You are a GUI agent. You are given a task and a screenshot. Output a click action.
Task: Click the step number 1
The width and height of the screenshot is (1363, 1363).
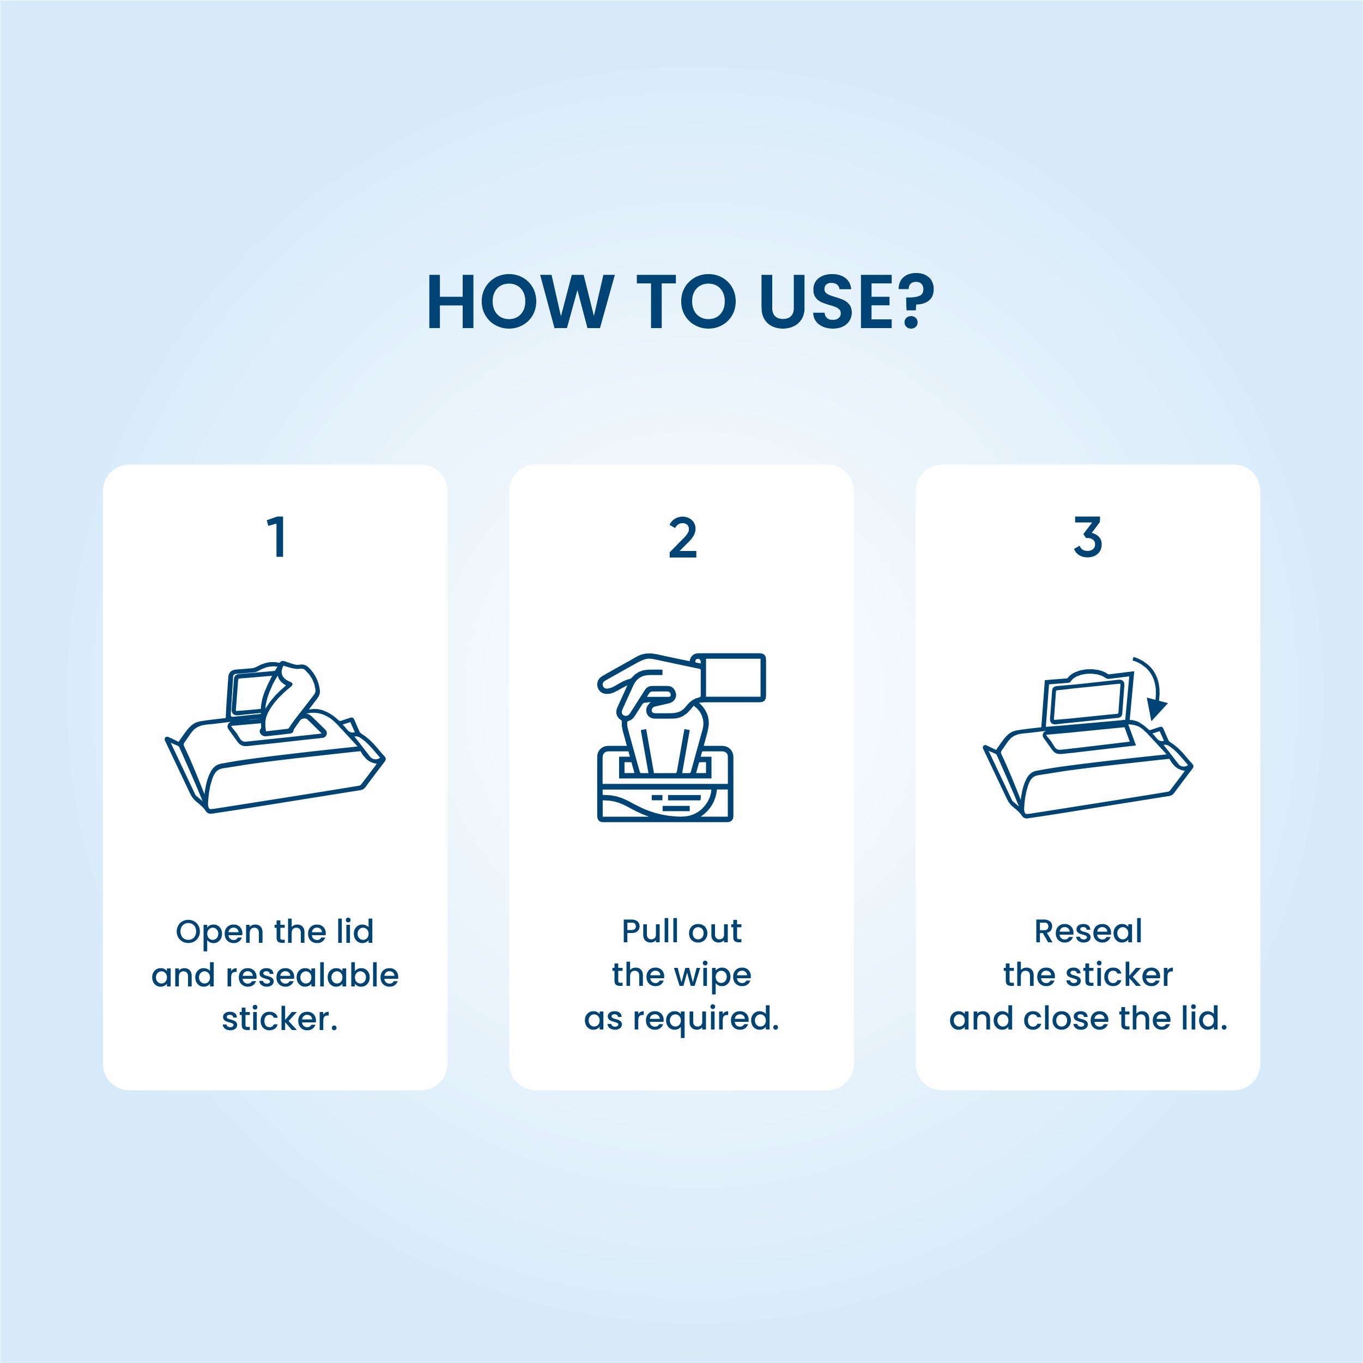pos(276,537)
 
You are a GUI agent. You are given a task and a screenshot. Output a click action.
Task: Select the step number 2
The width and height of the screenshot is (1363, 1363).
pos(682,537)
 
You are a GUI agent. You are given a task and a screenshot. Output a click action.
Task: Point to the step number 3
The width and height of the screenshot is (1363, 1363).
pos(1088,537)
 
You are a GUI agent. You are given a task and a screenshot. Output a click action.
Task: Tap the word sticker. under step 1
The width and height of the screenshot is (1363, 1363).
pos(280,1019)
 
